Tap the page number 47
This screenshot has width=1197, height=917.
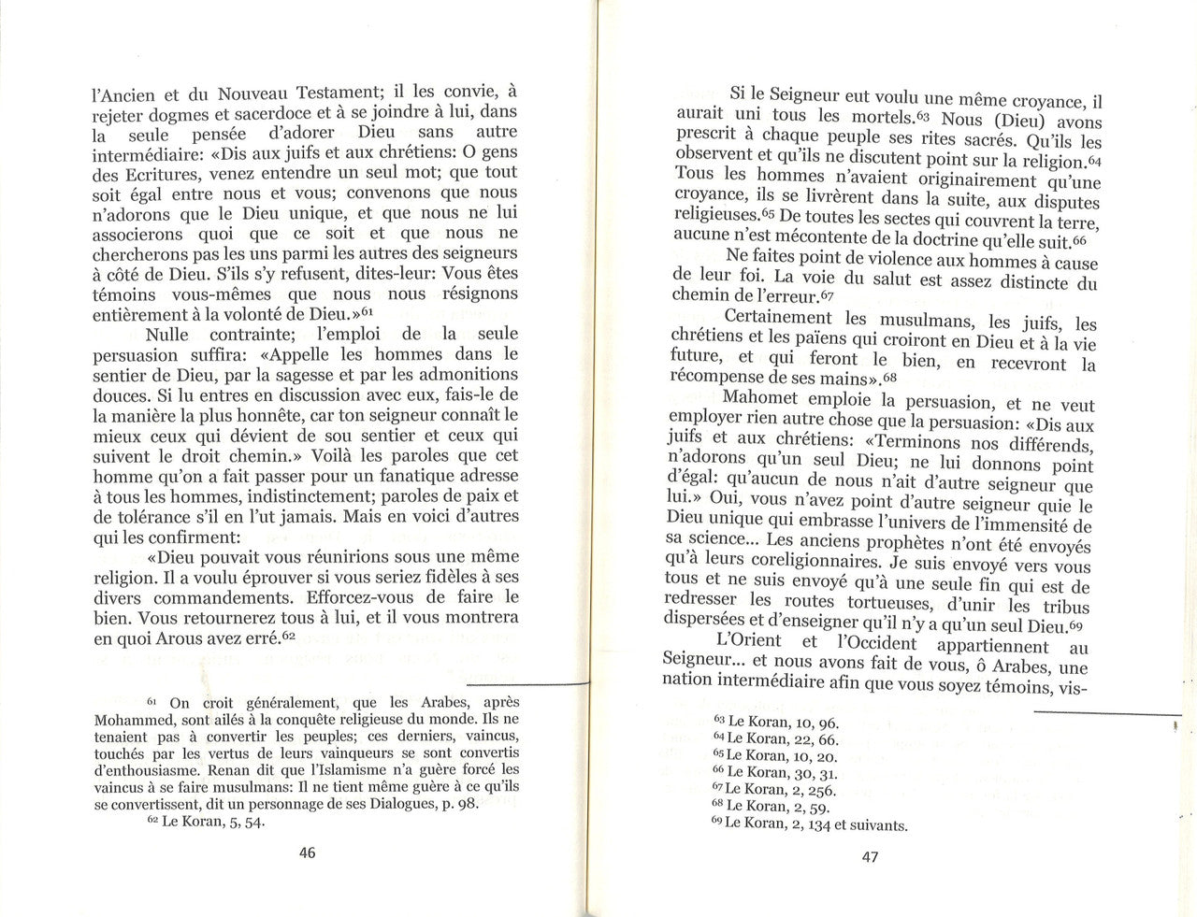click(x=870, y=856)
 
